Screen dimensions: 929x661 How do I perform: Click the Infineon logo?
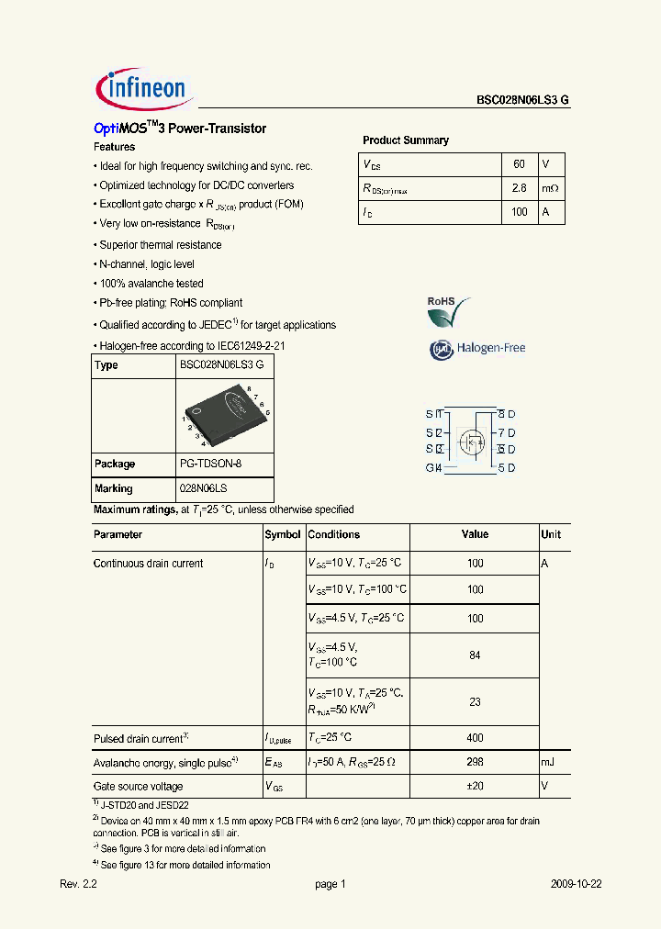point(142,89)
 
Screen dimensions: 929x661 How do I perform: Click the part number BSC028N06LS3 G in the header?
point(522,101)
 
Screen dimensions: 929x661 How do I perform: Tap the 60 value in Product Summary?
point(519,164)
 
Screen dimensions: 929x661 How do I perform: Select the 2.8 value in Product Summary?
point(519,188)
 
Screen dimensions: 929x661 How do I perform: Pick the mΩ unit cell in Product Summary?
point(550,188)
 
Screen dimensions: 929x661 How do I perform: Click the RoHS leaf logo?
point(448,312)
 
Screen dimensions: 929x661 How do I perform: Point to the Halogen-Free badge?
point(477,349)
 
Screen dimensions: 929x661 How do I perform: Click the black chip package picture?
point(225,414)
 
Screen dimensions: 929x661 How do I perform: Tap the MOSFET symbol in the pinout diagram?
point(472,441)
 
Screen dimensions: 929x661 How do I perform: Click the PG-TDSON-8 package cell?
point(211,464)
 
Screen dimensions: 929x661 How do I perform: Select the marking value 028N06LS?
point(205,488)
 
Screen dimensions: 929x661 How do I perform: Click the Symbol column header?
point(283,534)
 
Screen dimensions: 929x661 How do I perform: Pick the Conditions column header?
point(334,534)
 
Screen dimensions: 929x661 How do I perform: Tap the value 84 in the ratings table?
point(475,655)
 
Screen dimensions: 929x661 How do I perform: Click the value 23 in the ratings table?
point(475,702)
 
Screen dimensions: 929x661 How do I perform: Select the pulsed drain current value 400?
point(475,738)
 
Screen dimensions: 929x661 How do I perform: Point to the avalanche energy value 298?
point(475,762)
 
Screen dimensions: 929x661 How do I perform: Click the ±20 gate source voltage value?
point(475,787)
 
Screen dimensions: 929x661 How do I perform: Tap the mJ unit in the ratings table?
point(548,762)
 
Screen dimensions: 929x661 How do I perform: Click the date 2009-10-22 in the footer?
point(576,884)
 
